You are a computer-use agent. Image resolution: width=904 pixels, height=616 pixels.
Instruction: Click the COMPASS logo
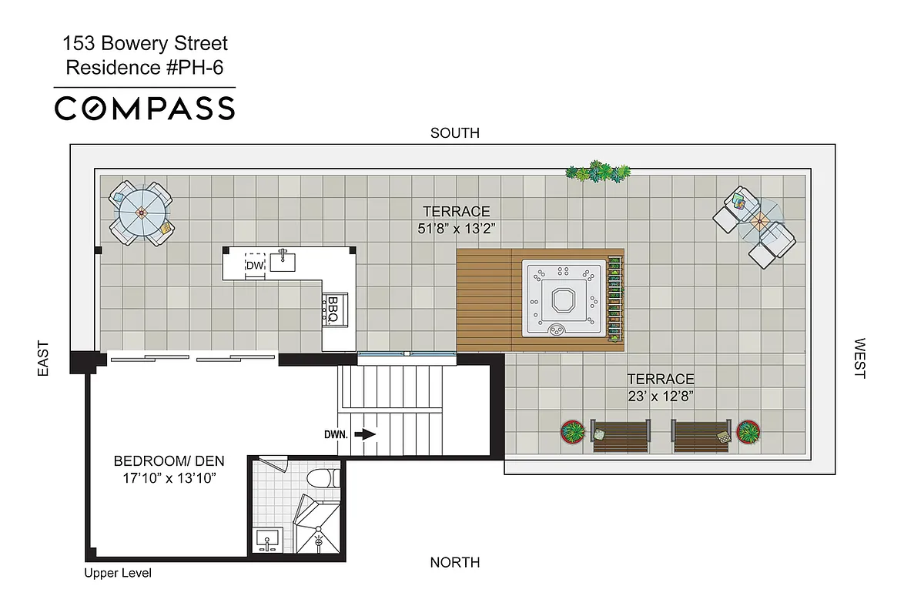pos(144,108)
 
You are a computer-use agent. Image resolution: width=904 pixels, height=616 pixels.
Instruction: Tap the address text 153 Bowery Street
pos(146,45)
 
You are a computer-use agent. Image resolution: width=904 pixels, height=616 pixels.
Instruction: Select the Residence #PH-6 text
pos(146,67)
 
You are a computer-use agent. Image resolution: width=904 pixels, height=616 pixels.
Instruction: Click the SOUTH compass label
pos(454,133)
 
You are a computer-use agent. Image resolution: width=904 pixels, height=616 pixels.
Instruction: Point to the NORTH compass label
pos(454,562)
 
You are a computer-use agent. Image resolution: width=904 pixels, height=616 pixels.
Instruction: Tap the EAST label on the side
pos(43,359)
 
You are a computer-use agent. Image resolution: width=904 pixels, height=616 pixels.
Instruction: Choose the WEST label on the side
pos(859,359)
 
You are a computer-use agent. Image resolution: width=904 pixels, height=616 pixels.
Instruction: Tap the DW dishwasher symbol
pos(255,264)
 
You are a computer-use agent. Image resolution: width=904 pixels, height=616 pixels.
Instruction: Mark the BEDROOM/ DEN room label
pos(169,461)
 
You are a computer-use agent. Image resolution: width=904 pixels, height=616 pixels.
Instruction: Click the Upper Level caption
pos(118,573)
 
